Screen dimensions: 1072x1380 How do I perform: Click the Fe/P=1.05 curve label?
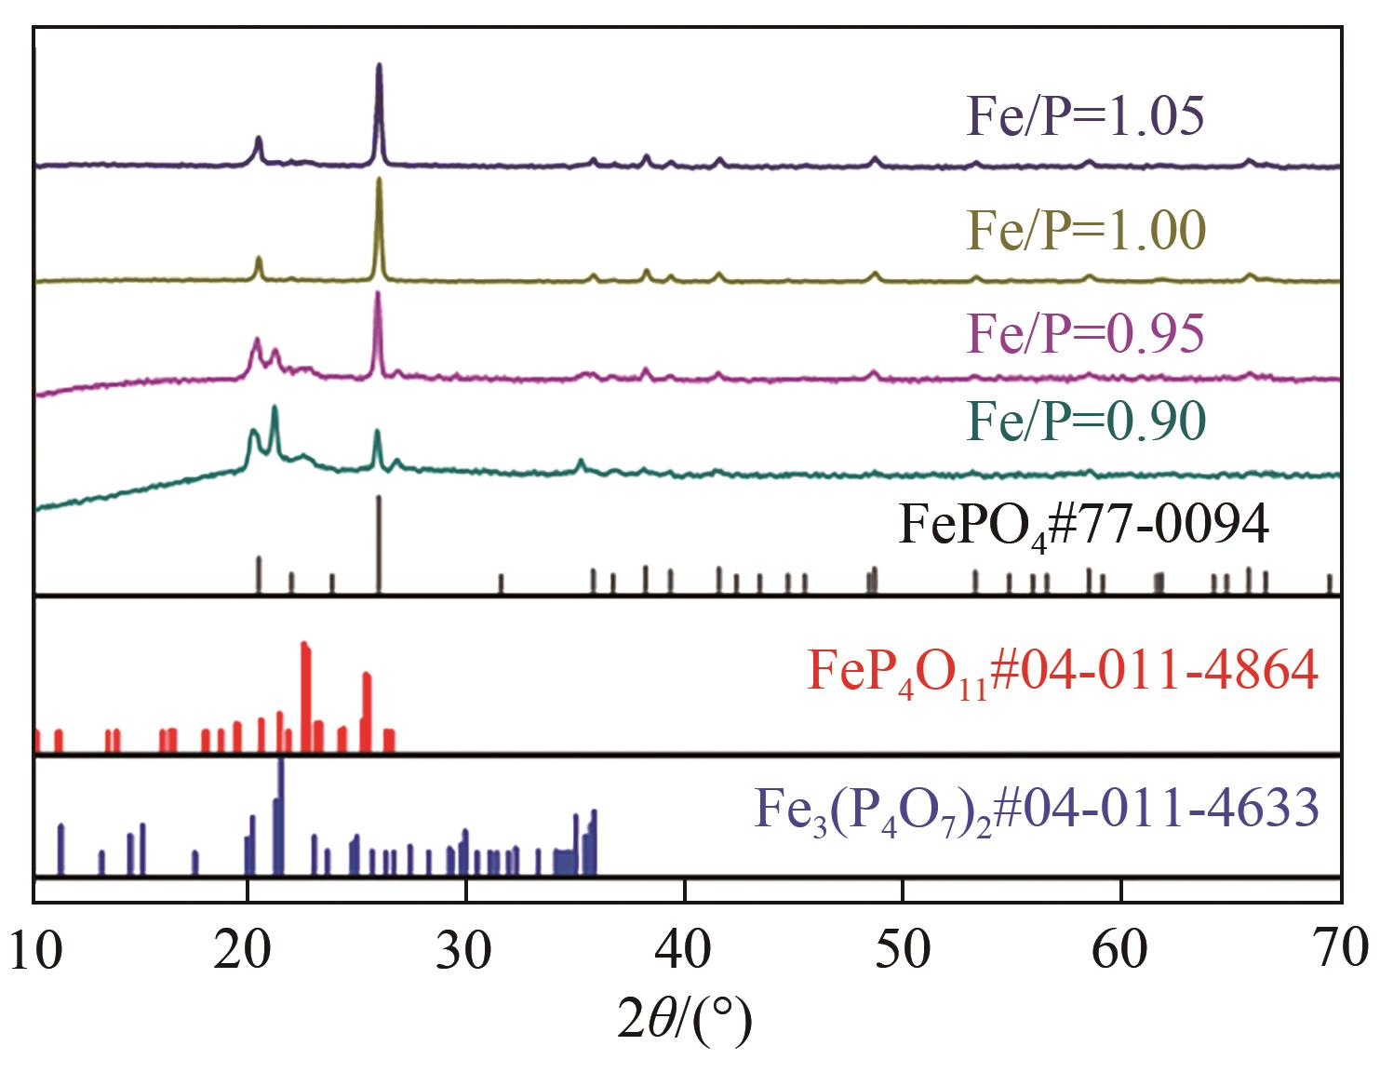coord(1086,119)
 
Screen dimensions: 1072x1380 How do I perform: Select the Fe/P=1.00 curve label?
coord(1086,230)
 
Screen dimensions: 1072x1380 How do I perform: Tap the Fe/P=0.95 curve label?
coord(1086,332)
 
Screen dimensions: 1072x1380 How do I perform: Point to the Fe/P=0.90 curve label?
coord(1086,423)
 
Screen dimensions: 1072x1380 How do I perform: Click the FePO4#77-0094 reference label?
coord(1083,528)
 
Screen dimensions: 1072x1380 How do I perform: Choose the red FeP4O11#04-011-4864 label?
coord(1062,671)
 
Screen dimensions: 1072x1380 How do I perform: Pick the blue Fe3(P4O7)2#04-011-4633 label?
coord(1036,808)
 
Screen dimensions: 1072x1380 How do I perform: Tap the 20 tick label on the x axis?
coord(248,951)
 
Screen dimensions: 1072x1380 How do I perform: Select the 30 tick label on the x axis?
coord(465,951)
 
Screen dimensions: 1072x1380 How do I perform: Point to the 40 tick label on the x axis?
coord(684,951)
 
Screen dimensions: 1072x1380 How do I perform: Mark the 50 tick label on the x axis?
coord(902,951)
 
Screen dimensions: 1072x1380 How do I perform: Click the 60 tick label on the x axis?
coord(1120,951)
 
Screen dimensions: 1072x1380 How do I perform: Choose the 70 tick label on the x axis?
coord(1340,951)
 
